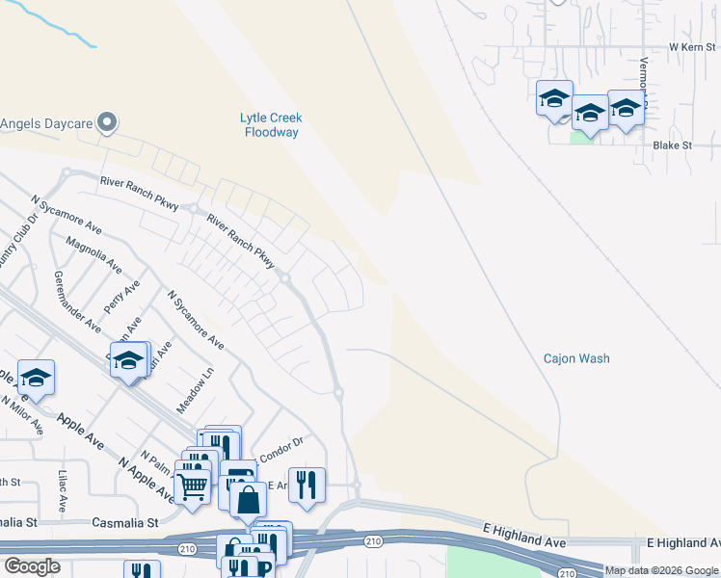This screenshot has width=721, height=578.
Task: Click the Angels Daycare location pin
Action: tap(108, 123)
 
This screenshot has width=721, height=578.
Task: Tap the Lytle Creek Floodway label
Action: tap(271, 124)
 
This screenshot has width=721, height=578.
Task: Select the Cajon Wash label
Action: tap(576, 358)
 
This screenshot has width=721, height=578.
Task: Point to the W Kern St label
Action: tap(694, 46)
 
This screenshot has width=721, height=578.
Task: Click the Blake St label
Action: tap(673, 145)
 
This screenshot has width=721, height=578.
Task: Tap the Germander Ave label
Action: tap(78, 302)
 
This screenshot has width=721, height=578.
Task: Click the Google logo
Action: tap(32, 566)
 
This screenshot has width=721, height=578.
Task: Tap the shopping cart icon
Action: tap(192, 487)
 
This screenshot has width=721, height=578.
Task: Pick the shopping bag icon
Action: tap(249, 499)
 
